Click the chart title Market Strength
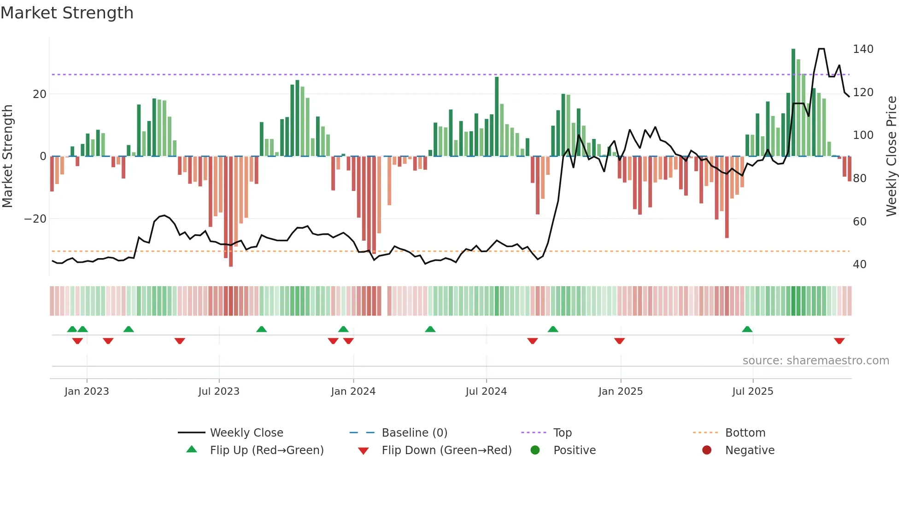pos(67,13)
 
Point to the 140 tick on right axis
pos(862,49)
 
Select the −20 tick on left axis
pos(35,219)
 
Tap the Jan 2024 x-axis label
pos(353,392)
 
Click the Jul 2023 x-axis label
pos(219,392)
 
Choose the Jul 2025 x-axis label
pos(752,392)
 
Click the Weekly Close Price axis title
pos(891,156)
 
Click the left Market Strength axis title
pos(8,156)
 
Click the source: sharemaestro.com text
pos(815,361)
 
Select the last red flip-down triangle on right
pos(839,341)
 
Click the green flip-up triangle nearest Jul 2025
pos(747,329)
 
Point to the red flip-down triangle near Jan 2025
pos(619,341)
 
